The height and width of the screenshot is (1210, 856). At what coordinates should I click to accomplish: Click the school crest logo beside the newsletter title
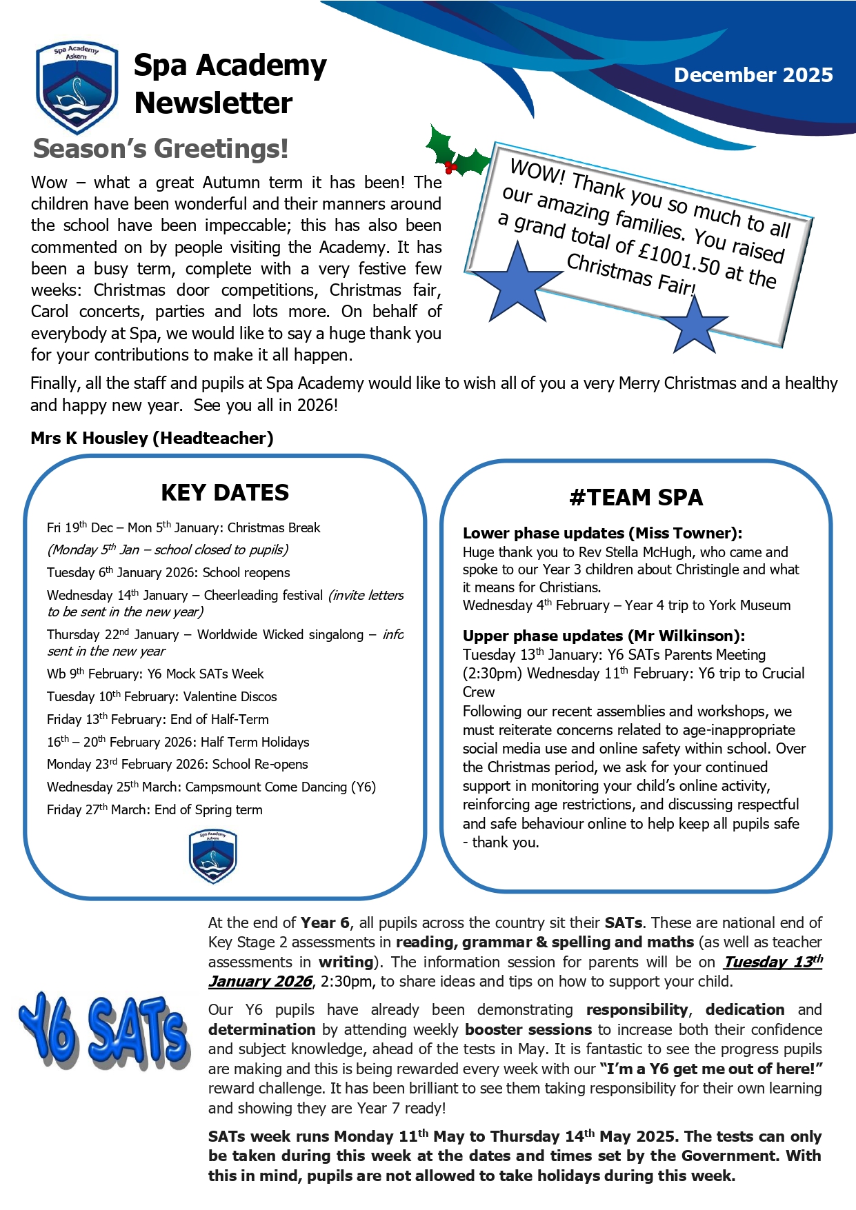tap(77, 87)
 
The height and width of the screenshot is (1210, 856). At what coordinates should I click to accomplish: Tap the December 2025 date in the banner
tap(753, 75)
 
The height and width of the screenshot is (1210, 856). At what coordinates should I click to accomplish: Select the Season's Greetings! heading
tap(161, 149)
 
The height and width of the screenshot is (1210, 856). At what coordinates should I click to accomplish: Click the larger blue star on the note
tap(517, 283)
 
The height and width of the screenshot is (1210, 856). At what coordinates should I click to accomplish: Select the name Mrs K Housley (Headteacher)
tap(152, 438)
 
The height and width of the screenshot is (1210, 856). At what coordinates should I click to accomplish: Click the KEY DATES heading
tap(225, 493)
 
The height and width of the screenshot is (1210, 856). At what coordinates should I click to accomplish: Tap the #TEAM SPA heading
tap(636, 498)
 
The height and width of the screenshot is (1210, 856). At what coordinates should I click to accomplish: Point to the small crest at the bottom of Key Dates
tap(213, 856)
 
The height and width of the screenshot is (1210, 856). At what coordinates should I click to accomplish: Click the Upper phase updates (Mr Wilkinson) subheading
tap(604, 636)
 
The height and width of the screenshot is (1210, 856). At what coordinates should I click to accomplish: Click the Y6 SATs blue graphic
tap(103, 1031)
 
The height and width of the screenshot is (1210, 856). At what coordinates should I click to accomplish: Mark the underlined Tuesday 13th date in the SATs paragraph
tap(773, 962)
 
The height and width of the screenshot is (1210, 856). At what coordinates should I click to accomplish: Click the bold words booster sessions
tap(528, 1030)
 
